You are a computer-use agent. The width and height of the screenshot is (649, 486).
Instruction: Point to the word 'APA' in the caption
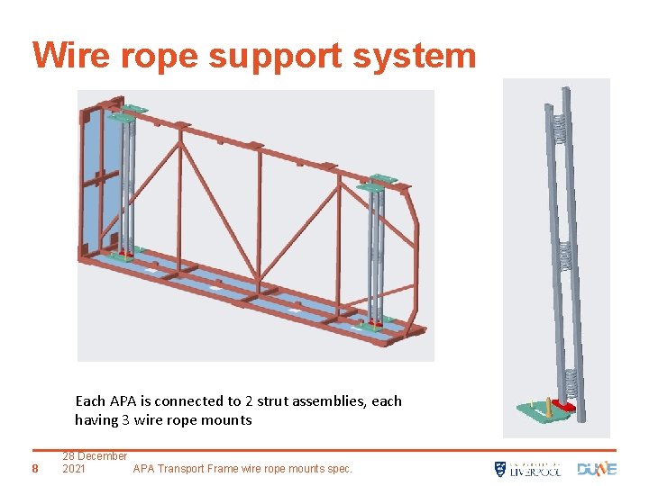click(123, 401)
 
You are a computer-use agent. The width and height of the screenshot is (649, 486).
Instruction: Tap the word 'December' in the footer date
click(103, 456)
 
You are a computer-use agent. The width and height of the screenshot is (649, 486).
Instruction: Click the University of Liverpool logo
click(527, 469)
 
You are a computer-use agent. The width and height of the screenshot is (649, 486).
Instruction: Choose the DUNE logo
click(597, 469)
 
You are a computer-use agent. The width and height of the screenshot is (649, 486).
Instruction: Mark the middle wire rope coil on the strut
click(565, 256)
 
